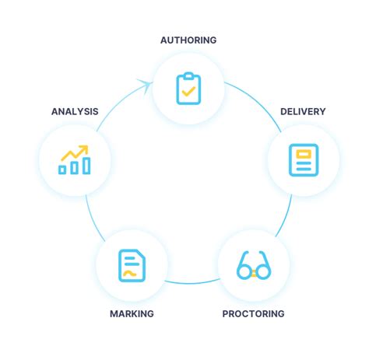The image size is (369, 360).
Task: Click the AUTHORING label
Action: (188, 40)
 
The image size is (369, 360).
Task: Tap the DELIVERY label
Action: (303, 111)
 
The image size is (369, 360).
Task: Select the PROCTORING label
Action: (253, 314)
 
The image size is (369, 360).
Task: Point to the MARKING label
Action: (132, 314)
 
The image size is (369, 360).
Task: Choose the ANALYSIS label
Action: (75, 111)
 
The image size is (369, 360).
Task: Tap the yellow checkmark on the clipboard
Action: (188, 92)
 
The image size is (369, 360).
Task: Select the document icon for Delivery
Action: (303, 159)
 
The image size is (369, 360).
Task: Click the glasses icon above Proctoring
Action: (253, 265)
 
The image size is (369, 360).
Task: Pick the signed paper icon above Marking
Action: (132, 265)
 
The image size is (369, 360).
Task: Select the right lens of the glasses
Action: (262, 271)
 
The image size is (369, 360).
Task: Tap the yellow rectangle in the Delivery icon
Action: (303, 154)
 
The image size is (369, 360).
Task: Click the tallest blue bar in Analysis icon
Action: (86, 165)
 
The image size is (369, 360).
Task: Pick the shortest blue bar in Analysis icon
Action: (63, 169)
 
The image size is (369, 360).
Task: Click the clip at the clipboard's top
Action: (188, 75)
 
